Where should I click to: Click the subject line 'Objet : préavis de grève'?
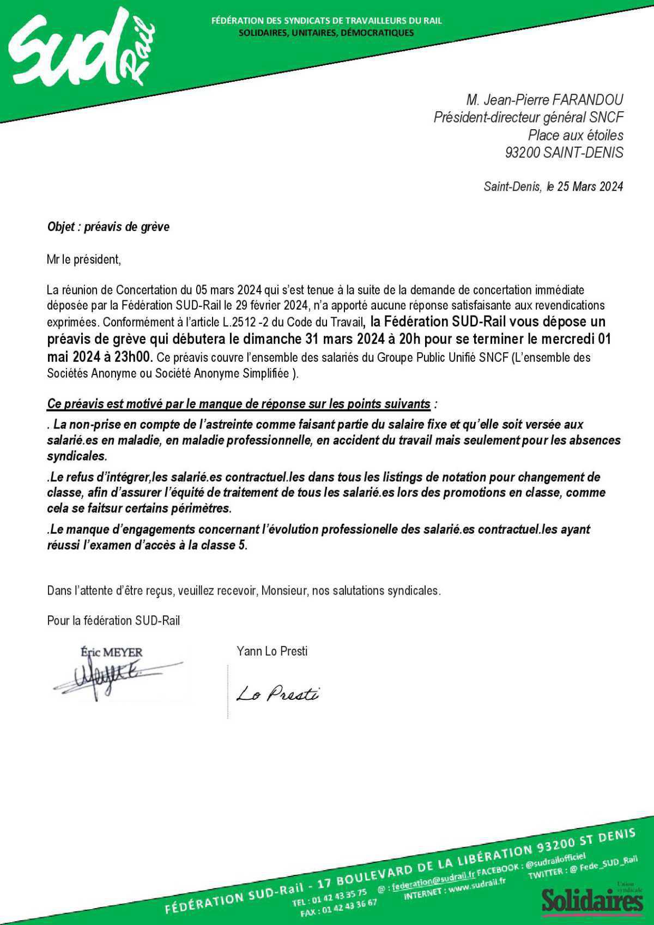(x=108, y=227)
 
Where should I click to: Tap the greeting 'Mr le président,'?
(x=83, y=259)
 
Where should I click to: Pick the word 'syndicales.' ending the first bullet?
(x=77, y=456)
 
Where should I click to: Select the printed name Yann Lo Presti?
(x=271, y=651)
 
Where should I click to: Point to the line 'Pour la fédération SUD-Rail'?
(x=113, y=620)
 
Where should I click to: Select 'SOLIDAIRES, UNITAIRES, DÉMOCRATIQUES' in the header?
(x=326, y=33)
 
